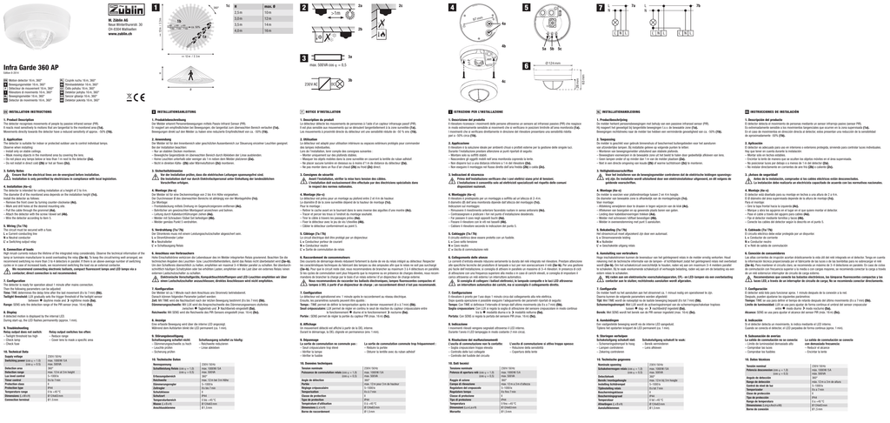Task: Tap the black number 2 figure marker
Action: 305,8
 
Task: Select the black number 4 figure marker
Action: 454,8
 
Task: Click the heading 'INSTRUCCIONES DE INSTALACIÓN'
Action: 784,112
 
